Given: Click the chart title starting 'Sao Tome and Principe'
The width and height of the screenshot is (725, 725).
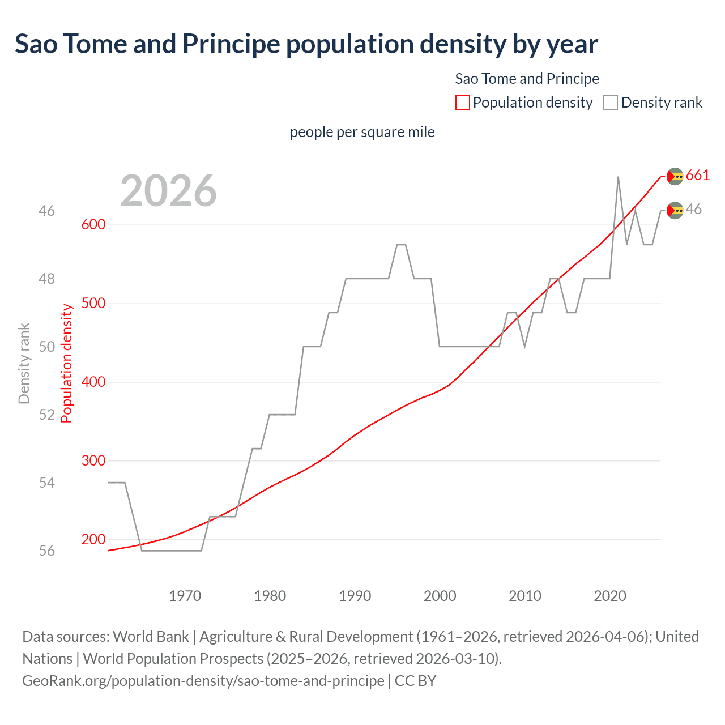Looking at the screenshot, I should coord(306,44).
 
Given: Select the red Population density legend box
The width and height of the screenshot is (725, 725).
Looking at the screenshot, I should coord(462,103).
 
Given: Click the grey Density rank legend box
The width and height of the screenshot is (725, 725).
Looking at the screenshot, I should coord(610,103).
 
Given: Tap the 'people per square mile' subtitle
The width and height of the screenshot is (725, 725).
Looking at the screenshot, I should coord(362,132).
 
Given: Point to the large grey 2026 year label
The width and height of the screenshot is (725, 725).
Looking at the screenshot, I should coord(168,191).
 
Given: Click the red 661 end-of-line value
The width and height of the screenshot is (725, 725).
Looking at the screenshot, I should coord(698,176).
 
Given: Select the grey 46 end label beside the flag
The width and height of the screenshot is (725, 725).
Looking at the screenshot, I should coord(694,210).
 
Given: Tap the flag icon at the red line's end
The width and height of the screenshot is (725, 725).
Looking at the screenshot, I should coord(675,177).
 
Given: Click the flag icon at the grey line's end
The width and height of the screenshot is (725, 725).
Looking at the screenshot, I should coord(675,211).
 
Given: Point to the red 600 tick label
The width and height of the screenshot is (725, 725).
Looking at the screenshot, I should coord(93,224).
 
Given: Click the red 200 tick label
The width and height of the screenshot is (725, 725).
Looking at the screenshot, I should coord(93,539).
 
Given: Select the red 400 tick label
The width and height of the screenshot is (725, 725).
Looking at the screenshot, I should coord(93,382).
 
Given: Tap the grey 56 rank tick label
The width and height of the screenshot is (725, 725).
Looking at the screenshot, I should coord(47,551).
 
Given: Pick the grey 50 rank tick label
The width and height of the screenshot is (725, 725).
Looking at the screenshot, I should coord(47,347).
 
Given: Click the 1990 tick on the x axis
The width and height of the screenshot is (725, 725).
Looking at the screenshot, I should coord(355,596).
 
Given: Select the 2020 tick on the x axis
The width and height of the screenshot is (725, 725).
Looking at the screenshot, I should coord(610,596).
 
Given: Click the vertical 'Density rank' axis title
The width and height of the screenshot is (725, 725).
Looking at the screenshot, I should coord(24,363).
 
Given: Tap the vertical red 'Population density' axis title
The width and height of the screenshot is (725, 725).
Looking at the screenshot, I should coord(67,363).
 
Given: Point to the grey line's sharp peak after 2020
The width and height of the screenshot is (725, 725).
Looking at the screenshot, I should coord(618,178).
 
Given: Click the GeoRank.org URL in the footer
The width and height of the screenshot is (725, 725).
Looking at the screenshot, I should coord(203,680).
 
